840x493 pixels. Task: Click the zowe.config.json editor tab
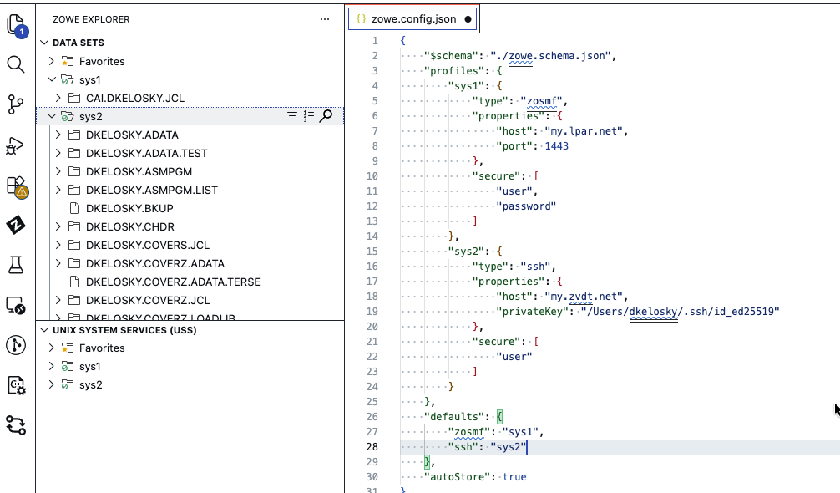tap(413, 19)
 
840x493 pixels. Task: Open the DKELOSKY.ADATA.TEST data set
tap(146, 153)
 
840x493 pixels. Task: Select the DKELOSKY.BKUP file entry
tap(129, 208)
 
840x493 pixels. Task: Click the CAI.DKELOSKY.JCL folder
tap(135, 98)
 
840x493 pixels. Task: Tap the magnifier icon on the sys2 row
tap(326, 116)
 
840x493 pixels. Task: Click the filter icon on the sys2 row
tap(292, 116)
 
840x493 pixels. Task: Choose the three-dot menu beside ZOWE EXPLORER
tap(325, 19)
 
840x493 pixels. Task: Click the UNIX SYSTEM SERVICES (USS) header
tap(124, 330)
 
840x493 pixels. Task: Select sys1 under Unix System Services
tap(89, 367)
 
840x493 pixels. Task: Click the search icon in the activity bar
tap(16, 64)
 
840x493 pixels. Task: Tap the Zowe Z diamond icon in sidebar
tap(16, 225)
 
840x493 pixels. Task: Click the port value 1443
tap(557, 146)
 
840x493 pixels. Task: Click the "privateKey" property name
tap(532, 312)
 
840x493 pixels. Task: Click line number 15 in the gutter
tap(372, 252)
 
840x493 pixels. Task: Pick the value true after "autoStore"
tap(514, 477)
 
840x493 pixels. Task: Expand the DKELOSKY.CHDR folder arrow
tap(58, 226)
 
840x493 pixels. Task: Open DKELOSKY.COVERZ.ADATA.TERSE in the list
tap(173, 282)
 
